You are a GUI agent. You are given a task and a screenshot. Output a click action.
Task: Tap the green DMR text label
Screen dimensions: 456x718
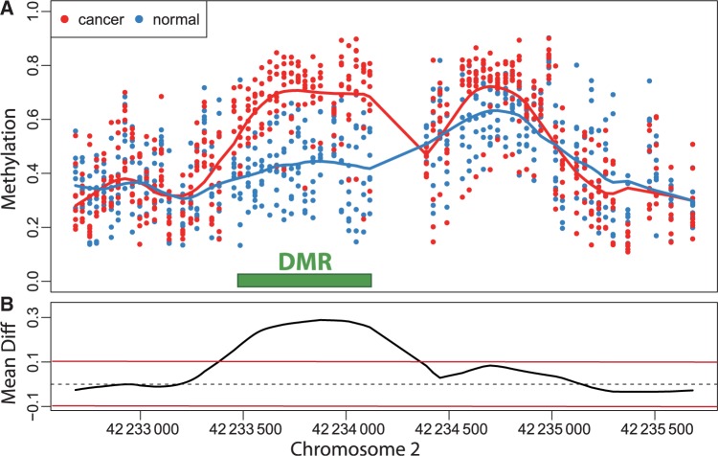coord(304,262)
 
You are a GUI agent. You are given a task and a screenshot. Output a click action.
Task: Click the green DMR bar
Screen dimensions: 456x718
coord(304,280)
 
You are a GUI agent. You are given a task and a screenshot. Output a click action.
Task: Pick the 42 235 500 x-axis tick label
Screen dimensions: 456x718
coord(655,424)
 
